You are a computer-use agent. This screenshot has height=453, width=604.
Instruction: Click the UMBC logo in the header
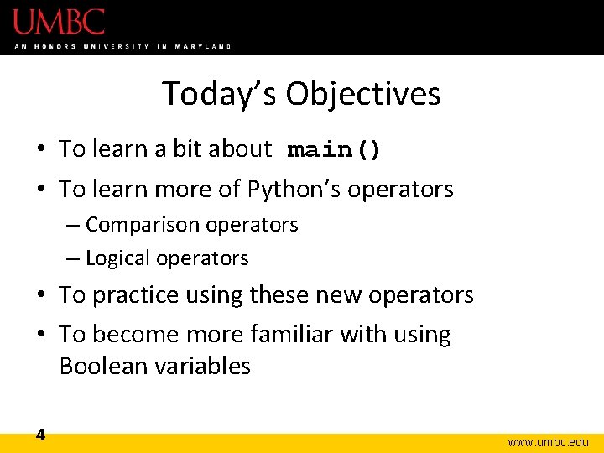59,22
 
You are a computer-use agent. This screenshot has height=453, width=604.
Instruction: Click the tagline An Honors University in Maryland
122,46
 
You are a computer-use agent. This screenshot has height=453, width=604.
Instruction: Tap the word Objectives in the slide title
362,94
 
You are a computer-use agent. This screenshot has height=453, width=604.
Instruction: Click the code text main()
334,150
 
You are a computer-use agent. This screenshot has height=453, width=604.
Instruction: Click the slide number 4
40,435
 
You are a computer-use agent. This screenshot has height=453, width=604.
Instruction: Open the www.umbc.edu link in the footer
549,441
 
